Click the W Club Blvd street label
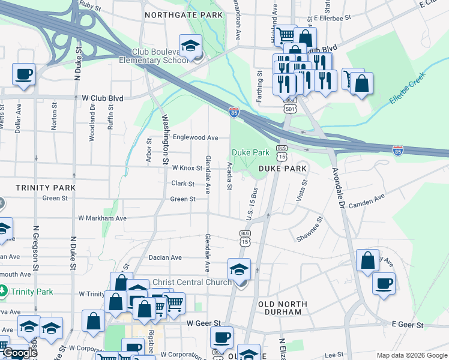pyautogui.click(x=102, y=98)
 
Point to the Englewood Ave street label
pyautogui.click(x=195, y=137)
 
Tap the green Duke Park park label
pyautogui.click(x=250, y=152)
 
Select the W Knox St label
pyautogui.click(x=187, y=169)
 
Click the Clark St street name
pyautogui.click(x=183, y=184)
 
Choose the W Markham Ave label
pyautogui.click(x=104, y=218)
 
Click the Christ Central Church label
pyautogui.click(x=191, y=282)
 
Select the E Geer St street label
pyautogui.click(x=408, y=325)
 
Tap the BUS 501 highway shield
pyautogui.click(x=291, y=105)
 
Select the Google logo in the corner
pyautogui.click(x=20, y=353)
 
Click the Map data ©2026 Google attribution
pyautogui.click(x=411, y=355)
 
